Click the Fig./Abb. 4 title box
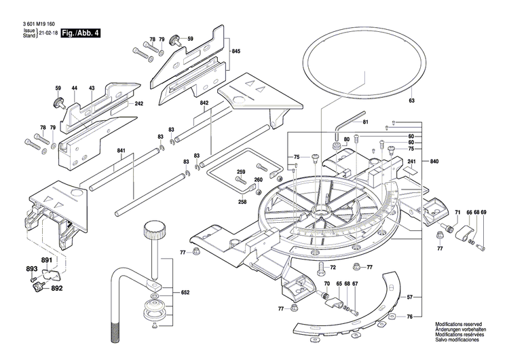click(x=79, y=33)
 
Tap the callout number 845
click(x=235, y=52)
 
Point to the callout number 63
click(x=411, y=101)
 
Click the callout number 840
click(x=434, y=161)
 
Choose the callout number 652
click(x=185, y=292)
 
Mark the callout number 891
click(x=46, y=261)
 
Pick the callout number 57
click(x=428, y=298)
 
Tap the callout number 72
click(x=333, y=267)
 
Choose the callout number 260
click(x=258, y=180)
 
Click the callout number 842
click(x=204, y=102)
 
